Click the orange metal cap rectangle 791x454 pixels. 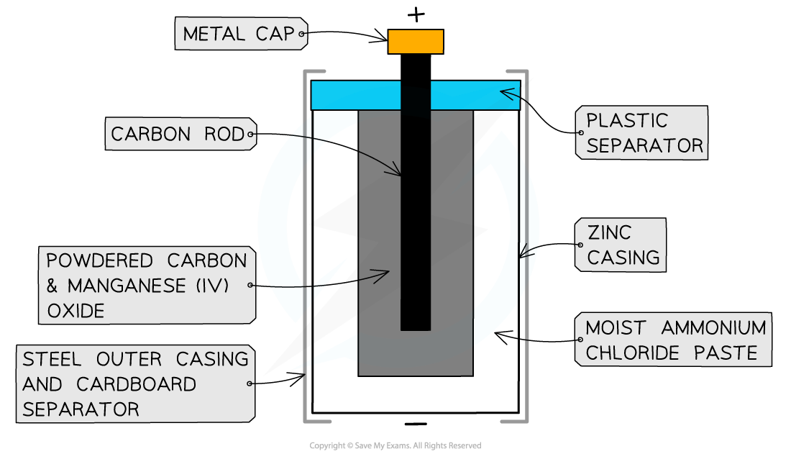click(416, 42)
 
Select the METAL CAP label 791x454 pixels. click(239, 34)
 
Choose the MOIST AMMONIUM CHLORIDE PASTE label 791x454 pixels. click(675, 340)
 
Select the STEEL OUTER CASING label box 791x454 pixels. click(135, 384)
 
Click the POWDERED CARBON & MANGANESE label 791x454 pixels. click(146, 286)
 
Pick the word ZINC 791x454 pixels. click(609, 232)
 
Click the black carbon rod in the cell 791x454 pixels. click(416, 216)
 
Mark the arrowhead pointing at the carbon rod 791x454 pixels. click(398, 173)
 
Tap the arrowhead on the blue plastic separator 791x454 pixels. click(504, 92)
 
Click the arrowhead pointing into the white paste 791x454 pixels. click(498, 335)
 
